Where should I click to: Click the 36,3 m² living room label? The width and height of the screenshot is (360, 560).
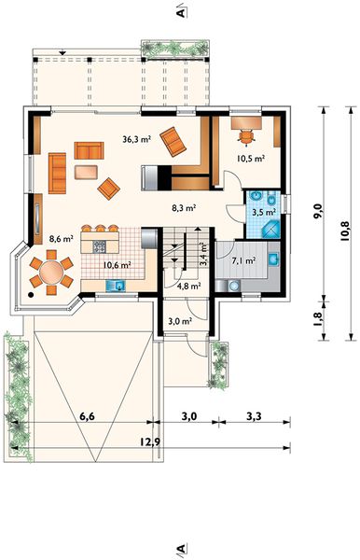[x=136, y=140]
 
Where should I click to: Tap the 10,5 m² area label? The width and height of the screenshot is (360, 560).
[x=251, y=159]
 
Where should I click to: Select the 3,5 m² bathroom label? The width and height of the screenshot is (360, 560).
[x=264, y=212]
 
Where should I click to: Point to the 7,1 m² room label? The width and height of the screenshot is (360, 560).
[x=243, y=261]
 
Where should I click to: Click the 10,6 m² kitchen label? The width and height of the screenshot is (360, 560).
[x=117, y=265]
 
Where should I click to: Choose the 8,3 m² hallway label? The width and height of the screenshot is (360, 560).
[x=184, y=208]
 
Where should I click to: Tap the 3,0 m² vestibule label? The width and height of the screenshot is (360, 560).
[x=180, y=321]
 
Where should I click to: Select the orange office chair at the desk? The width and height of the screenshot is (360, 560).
[x=246, y=137]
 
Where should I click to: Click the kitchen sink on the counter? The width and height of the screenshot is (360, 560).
[x=116, y=286]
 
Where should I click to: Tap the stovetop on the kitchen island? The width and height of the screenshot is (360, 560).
[x=100, y=246]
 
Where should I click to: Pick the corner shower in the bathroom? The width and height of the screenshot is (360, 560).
[x=271, y=230]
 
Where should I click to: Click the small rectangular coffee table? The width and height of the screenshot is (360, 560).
[x=86, y=172]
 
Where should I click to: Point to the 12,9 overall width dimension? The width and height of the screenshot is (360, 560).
[x=150, y=441]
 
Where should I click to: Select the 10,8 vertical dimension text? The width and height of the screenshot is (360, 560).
[x=345, y=231]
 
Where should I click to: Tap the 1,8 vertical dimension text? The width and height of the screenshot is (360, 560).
[x=318, y=318]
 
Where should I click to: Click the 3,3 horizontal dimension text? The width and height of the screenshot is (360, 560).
[x=254, y=416]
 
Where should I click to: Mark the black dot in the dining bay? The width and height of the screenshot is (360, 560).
[x=31, y=295]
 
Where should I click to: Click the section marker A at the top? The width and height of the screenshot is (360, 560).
[x=181, y=13]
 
